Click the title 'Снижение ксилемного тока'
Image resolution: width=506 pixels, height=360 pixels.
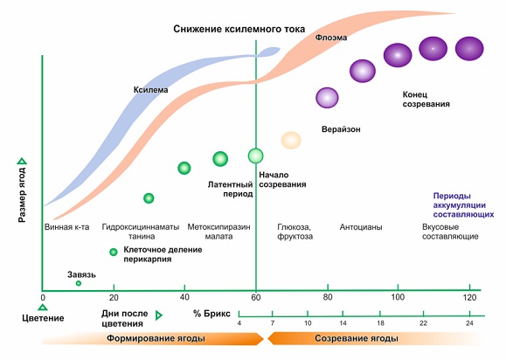239,29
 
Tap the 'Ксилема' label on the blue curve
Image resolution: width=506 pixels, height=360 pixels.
150,90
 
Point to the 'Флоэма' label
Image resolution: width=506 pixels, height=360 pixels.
331,38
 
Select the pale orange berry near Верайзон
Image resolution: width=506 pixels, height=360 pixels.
291,141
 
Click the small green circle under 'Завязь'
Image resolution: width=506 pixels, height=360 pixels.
79,283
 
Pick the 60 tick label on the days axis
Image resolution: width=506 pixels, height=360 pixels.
256,297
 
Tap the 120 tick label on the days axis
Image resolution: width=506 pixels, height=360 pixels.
469,297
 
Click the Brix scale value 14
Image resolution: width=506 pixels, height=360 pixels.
343,323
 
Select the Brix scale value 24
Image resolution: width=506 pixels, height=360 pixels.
469,323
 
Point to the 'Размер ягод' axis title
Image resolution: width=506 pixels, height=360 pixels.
22,194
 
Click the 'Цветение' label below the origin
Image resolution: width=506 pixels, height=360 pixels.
43,318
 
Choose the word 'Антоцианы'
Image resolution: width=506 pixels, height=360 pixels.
361,227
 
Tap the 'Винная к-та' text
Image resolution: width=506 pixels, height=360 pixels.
66,227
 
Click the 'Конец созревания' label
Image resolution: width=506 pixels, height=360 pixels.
426,100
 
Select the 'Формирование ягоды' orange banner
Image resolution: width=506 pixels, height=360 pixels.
153,338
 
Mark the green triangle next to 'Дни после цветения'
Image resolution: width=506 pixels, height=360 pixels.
158,315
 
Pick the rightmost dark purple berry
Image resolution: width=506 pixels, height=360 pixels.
469,49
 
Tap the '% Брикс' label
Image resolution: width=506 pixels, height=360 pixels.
211,314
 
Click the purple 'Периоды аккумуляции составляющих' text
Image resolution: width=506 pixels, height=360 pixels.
463,205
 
